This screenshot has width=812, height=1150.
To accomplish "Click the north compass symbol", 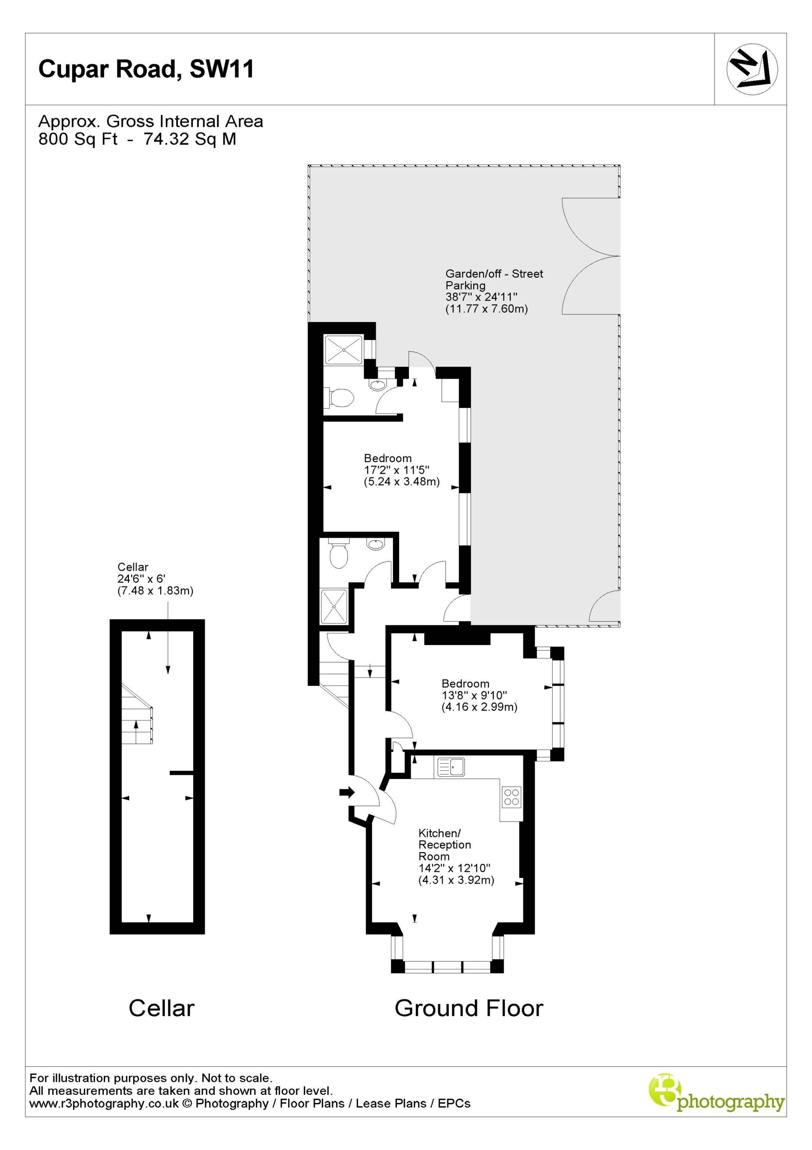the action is click(752, 69).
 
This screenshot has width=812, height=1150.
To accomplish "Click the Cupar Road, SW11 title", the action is click(146, 70).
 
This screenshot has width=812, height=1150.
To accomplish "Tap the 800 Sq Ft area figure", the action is click(78, 139).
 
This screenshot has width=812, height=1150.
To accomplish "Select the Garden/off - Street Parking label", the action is click(494, 279).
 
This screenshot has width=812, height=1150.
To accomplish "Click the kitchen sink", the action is click(451, 767).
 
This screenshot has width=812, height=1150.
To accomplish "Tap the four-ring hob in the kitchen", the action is click(512, 797).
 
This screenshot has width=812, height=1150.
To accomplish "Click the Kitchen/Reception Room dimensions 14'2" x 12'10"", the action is click(454, 868).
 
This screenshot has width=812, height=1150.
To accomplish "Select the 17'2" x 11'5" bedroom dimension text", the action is click(396, 470).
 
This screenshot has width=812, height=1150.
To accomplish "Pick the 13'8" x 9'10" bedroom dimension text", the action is click(474, 695).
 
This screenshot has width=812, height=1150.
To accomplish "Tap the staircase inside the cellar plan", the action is click(136, 714).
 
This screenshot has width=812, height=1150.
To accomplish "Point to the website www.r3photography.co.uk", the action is click(104, 1118).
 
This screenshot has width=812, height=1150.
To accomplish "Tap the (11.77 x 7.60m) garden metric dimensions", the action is click(487, 309).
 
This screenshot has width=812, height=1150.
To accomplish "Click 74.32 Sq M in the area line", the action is click(190, 139).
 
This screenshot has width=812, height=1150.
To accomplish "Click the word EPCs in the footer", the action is click(454, 1118).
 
